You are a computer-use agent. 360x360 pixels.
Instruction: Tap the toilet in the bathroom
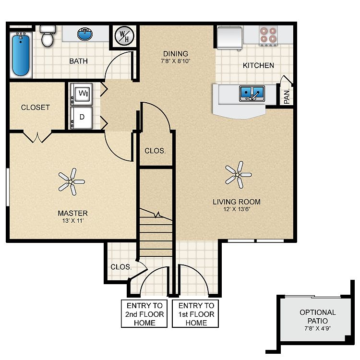48,36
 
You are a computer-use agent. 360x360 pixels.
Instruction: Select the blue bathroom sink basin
85,35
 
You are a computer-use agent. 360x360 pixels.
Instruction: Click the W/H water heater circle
124,36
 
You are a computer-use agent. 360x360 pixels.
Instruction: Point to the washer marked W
81,94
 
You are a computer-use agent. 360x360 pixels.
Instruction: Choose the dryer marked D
81,117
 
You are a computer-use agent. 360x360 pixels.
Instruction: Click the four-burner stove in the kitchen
268,36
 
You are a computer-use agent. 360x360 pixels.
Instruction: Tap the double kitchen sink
252,94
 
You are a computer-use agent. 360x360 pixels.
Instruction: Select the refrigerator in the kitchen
230,38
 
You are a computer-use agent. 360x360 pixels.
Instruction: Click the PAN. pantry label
287,96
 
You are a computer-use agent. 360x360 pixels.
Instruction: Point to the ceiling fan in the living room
238,175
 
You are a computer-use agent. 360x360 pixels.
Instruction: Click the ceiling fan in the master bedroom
72,181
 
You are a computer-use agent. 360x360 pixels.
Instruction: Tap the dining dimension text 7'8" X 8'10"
176,61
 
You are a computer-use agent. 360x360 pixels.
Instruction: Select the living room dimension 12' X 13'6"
237,209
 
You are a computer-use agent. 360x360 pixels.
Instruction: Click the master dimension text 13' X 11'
73,221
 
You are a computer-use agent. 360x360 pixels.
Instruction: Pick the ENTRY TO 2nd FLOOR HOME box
144,313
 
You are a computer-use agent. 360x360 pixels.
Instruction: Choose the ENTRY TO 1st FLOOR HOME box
195,313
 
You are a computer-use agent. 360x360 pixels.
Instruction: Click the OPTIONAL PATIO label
318,316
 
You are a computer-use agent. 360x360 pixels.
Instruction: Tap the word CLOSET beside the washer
36,107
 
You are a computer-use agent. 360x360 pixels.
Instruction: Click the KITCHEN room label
259,65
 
